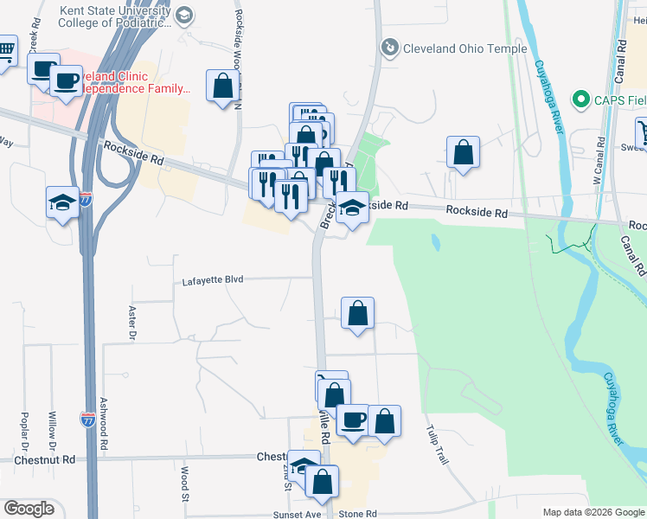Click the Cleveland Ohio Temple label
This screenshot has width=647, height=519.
(x=465, y=48)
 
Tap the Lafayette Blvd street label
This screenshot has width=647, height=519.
(x=213, y=280)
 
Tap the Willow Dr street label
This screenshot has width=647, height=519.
(x=53, y=427)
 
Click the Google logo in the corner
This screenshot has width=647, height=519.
(x=29, y=509)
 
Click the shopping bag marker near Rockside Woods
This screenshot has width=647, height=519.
(x=222, y=86)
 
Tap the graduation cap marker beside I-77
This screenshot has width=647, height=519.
(x=62, y=202)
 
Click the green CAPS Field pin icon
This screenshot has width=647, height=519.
(x=580, y=99)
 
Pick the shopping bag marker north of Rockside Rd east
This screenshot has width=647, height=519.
(x=464, y=151)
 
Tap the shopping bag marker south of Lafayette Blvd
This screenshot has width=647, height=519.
(x=357, y=312)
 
